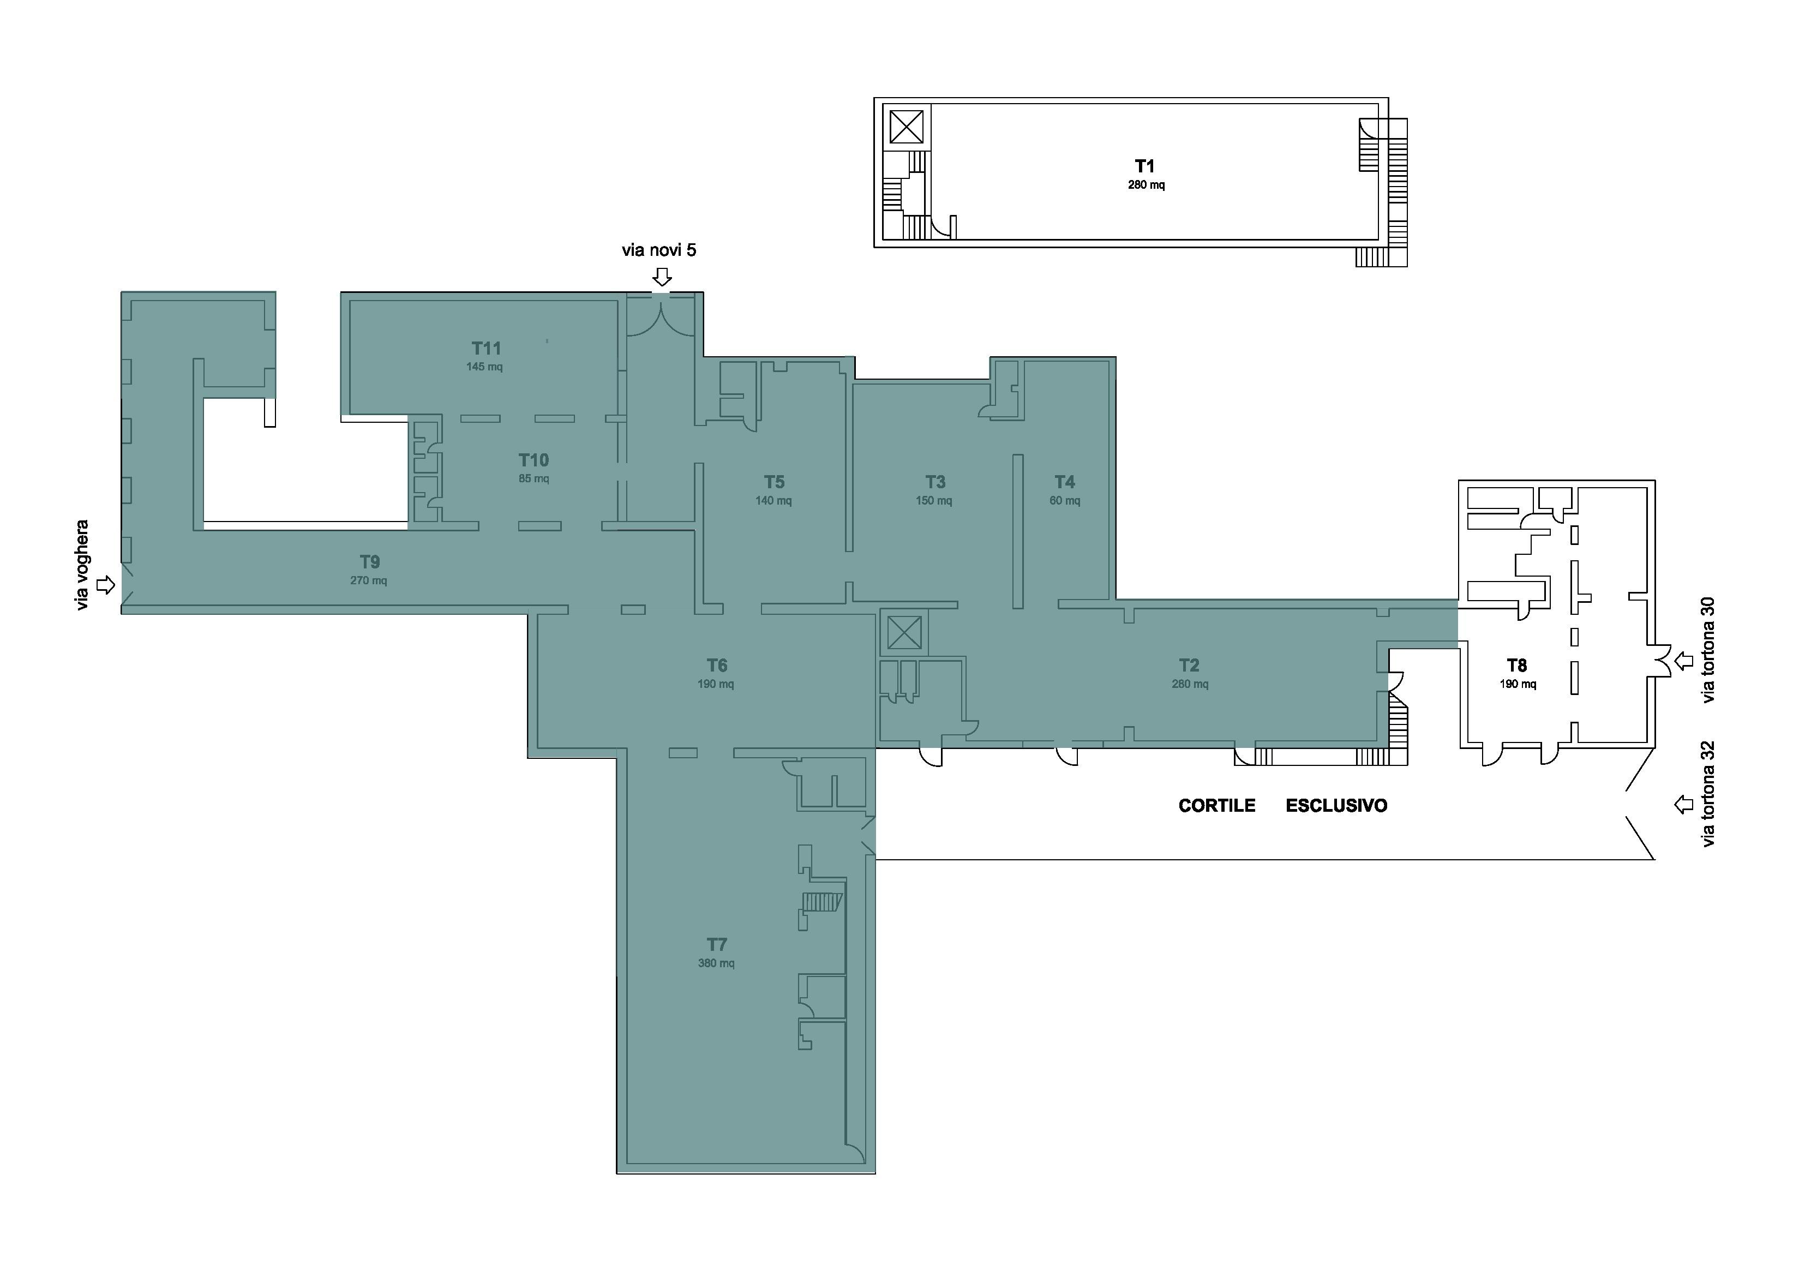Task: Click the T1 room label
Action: coord(1144,166)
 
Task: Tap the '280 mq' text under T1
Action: coord(1146,185)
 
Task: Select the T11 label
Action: coord(486,348)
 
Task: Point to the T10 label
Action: coord(534,460)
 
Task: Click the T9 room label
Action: coord(369,562)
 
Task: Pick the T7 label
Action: coord(716,944)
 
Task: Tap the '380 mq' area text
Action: coord(716,963)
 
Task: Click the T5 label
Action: coord(775,482)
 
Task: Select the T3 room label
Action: coord(935,482)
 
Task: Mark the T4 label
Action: coord(1064,482)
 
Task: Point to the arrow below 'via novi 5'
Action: coord(663,277)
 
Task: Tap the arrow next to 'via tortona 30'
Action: coord(1683,661)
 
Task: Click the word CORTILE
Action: coord(1217,806)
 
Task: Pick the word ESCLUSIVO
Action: coord(1336,806)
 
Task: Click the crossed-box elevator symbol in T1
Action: coord(907,127)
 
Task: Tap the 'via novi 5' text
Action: coord(659,250)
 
